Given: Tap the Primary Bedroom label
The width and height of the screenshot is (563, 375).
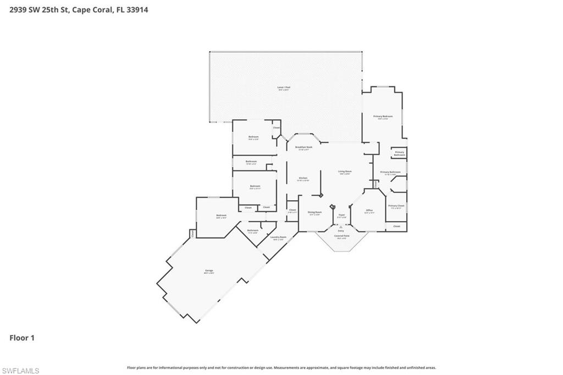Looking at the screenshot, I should point(383,117).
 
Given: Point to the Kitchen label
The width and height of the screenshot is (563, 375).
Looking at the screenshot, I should point(303,178).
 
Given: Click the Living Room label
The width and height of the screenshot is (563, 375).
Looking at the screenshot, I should point(345,172).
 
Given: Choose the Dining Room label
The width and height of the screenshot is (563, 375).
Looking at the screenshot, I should point(314,212).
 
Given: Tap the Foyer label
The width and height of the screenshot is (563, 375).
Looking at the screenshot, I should point(341,215).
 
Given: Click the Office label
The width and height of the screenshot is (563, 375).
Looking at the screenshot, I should point(369,211).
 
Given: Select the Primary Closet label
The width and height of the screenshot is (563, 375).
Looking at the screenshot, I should point(396,206).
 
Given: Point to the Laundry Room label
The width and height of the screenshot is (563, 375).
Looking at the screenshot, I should point(279,237).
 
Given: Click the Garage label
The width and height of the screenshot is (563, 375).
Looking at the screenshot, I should point(209,271).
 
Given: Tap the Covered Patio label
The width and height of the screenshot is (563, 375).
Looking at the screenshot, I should point(341,235).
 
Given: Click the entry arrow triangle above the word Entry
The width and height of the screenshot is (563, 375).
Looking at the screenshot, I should point(341,225).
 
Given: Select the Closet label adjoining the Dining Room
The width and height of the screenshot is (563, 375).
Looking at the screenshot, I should point(292,209).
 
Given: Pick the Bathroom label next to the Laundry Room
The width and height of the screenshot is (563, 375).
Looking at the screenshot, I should point(253,230).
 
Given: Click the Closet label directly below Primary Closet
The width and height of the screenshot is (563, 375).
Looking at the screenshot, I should point(396,225).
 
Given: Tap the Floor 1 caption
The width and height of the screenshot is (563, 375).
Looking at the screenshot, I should point(22,338).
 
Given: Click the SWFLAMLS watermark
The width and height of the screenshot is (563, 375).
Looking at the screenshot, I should point(20,371).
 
